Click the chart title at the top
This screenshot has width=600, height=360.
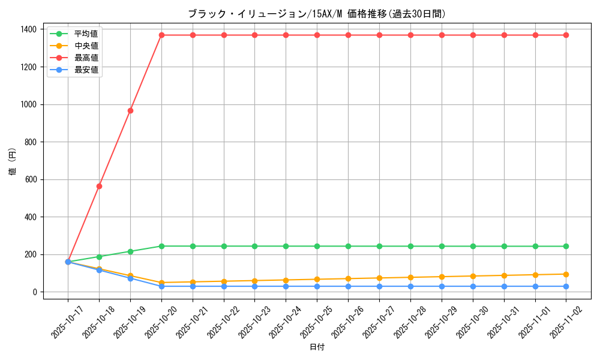coord(317,14)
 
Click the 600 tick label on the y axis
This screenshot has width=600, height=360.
coord(31,179)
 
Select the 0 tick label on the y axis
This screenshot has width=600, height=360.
coord(35,292)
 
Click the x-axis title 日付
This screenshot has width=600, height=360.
coord(317,347)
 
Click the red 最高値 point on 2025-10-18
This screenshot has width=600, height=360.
coord(99,186)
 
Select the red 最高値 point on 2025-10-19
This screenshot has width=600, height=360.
coord(130,110)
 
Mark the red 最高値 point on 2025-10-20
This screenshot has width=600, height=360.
coord(161,35)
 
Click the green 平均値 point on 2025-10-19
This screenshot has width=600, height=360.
coord(130,251)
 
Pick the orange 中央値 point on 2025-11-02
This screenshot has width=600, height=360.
coord(566,274)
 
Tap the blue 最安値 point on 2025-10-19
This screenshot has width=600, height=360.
coord(130,278)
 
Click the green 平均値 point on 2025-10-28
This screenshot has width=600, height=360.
coord(410,246)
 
